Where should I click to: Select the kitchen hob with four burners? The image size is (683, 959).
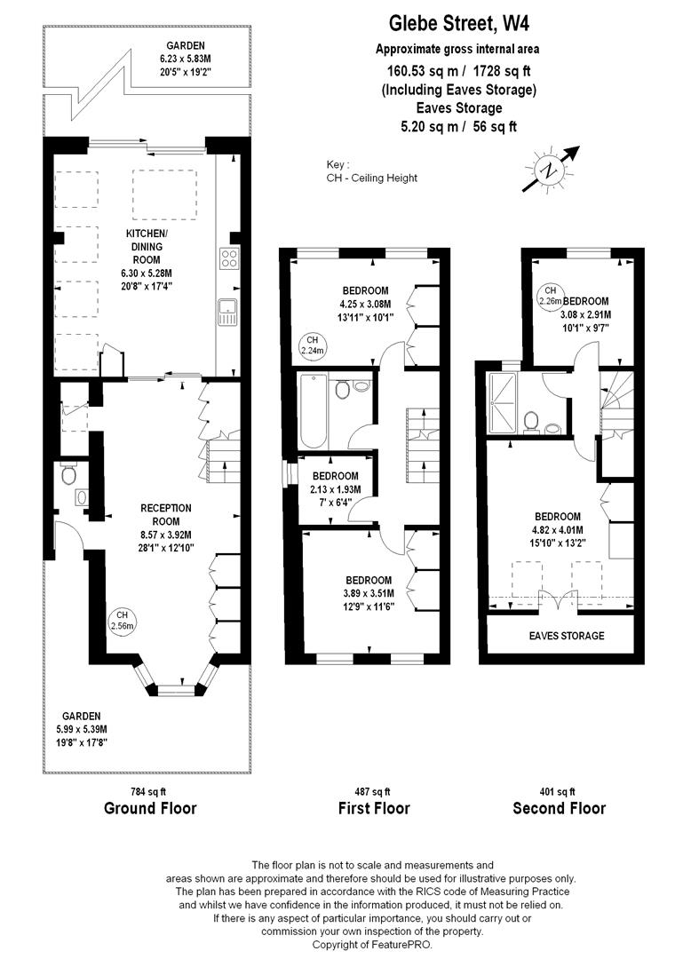tap(228, 259)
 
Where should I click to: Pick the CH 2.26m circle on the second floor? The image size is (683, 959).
tap(551, 296)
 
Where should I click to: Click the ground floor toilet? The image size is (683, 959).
tap(70, 476)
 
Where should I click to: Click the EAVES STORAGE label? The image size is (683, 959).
tap(566, 636)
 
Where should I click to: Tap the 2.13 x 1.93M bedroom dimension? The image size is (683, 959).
tap(335, 488)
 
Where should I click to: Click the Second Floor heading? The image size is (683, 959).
tap(559, 808)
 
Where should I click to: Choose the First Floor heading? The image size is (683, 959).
tap(374, 808)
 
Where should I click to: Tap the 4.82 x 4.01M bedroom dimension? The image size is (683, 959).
tap(557, 530)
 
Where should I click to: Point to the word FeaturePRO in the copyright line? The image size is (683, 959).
tap(425, 945)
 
